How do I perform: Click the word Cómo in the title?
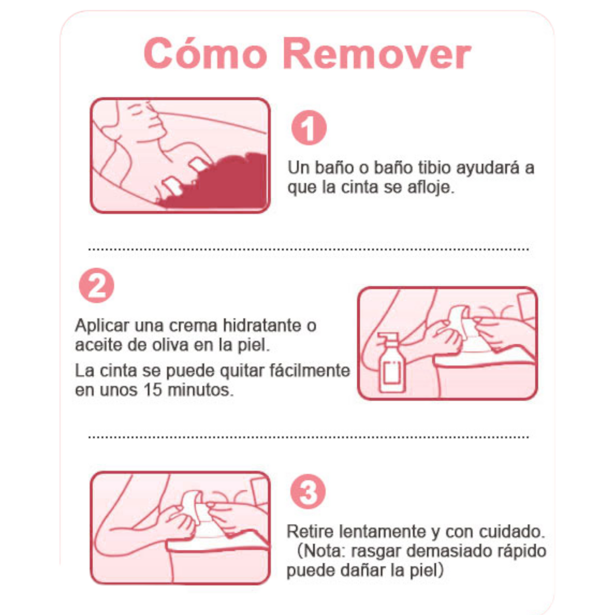(205, 53)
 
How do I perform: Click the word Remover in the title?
(377, 53)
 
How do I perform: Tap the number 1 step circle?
(309, 128)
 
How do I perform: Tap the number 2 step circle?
(96, 285)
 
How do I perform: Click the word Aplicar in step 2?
(102, 326)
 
